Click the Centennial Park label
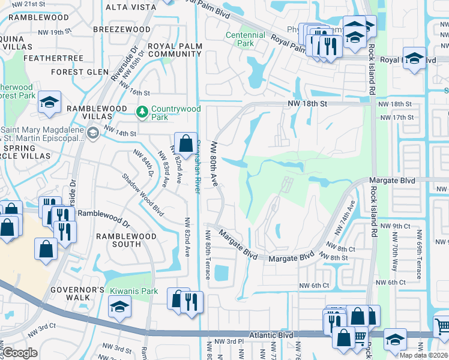pyautogui.click(x=246, y=39)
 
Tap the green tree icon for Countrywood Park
pyautogui.click(x=142, y=111)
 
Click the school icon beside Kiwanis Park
pyautogui.click(x=120, y=307)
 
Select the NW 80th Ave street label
pyautogui.click(x=214, y=164)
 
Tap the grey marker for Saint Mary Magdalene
pyautogui.click(x=92, y=133)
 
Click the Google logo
pyautogui.click(x=19, y=353)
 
